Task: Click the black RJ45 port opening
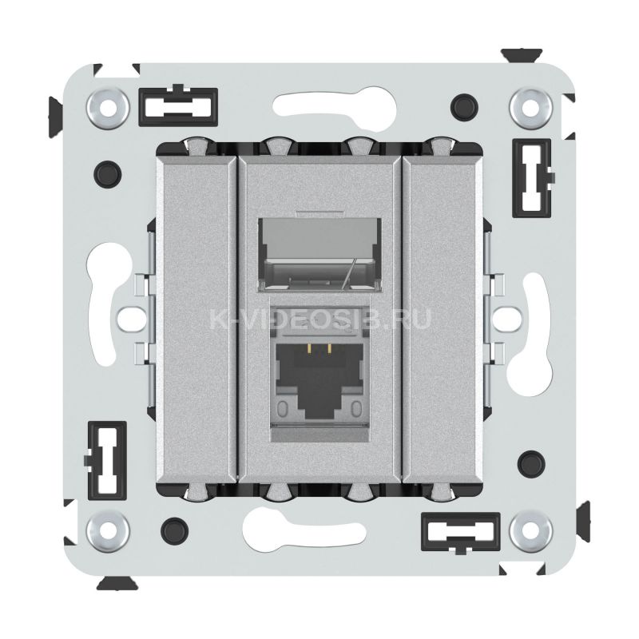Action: click(319, 379)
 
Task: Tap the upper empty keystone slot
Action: click(320, 254)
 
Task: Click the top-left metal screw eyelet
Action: click(108, 109)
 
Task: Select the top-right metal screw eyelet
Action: click(530, 109)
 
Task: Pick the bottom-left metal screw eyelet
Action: click(108, 530)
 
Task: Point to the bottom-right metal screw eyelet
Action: click(530, 530)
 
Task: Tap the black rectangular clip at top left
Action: click(178, 107)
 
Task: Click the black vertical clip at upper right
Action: click(532, 178)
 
